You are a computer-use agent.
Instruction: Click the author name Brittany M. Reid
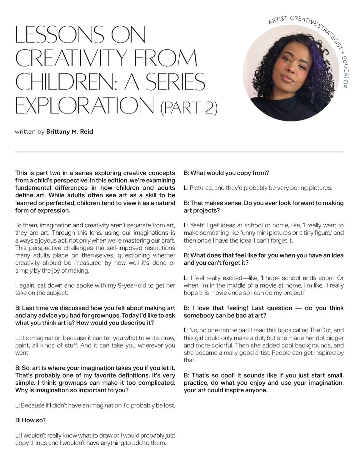pyautogui.click(x=69, y=131)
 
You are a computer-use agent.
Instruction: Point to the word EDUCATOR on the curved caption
pyautogui.click(x=345, y=72)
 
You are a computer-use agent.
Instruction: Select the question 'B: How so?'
pyautogui.click(x=30, y=420)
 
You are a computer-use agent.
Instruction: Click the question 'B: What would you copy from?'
pyautogui.click(x=226, y=173)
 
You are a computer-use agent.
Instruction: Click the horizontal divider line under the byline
pyautogui.click(x=179, y=152)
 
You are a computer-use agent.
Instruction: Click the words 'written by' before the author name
pyautogui.click(x=30, y=132)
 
